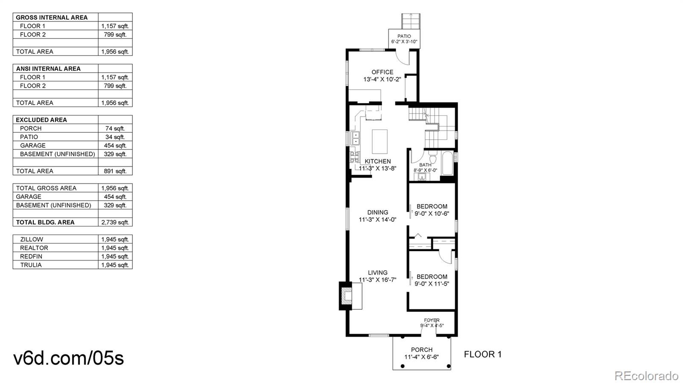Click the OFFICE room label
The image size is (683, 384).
[382, 72]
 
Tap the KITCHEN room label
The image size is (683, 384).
[377, 161]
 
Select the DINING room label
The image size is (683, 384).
[377, 212]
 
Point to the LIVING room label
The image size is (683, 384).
[377, 273]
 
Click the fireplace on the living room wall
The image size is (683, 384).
[347, 296]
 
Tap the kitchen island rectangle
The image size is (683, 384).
[379, 141]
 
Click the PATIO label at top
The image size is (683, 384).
[404, 36]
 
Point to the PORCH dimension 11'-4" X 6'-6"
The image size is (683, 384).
[421, 357]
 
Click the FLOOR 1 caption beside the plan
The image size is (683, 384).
[482, 354]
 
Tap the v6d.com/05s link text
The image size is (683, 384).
[69, 358]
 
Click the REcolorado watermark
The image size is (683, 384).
[646, 376]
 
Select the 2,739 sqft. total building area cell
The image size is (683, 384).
[115, 222]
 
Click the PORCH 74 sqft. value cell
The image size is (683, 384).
[115, 128]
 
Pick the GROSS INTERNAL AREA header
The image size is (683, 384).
[52, 18]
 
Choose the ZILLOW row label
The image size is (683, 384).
[32, 239]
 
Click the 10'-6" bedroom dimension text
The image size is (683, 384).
[432, 214]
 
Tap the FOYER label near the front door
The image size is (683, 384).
[432, 320]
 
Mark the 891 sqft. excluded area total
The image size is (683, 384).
[115, 171]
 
